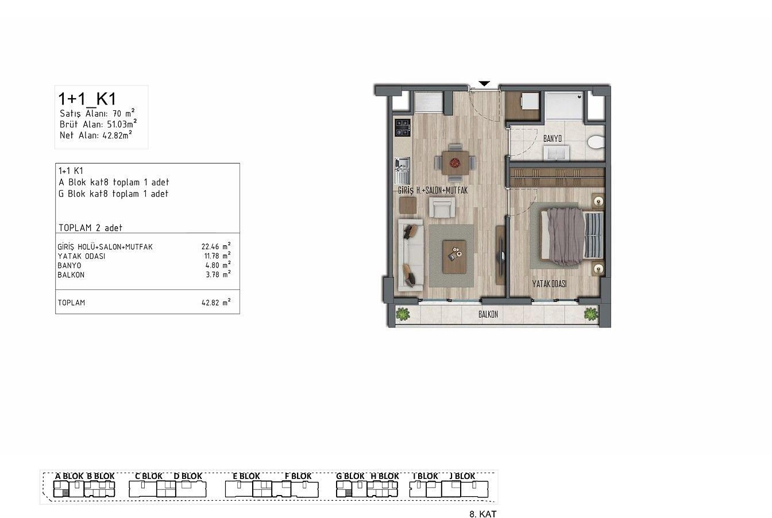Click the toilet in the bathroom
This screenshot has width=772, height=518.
coord(596,142)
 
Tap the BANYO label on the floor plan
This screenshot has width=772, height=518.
coord(553,138)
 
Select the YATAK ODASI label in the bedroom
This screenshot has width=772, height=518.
coord(549,284)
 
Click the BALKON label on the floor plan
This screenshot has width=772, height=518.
coord(488,314)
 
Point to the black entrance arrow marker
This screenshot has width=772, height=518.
coord(484,84)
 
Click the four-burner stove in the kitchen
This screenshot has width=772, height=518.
coord(402,128)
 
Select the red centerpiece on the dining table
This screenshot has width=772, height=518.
coord(456,161)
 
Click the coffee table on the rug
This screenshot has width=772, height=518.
coord(454,257)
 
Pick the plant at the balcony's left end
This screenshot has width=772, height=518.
coord(403,314)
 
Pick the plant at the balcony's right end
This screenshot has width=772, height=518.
coord(591,314)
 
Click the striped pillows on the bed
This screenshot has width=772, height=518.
coord(593,235)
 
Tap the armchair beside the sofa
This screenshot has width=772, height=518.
coord(442,207)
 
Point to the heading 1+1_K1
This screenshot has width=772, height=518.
coord(87,99)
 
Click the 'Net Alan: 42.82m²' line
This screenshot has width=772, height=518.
coord(96,135)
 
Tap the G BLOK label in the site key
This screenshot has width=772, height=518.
coord(350,476)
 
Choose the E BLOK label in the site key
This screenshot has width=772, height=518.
coord(246,476)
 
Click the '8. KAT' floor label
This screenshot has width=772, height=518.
coord(483,514)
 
